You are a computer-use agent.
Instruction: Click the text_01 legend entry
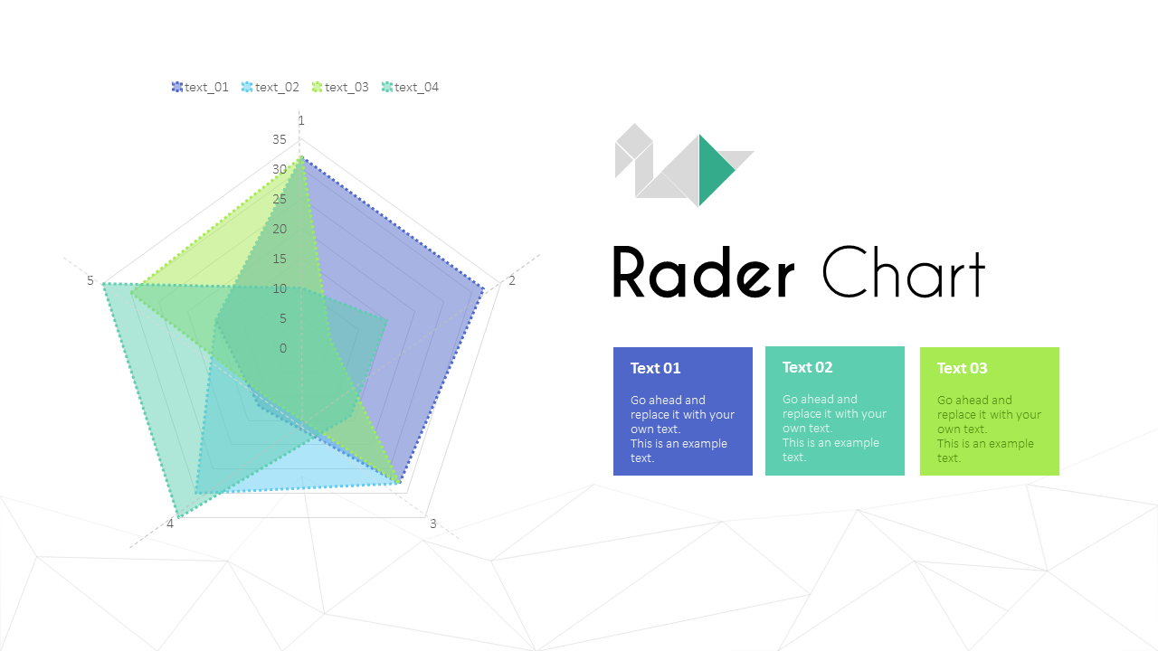click(200, 88)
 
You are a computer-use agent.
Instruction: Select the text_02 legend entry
click(271, 88)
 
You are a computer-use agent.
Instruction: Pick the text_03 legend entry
click(340, 88)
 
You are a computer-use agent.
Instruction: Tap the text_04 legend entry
click(410, 88)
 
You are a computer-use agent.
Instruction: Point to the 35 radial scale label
click(280, 139)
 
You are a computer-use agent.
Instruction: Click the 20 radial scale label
click(280, 229)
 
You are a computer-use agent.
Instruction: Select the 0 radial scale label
click(283, 348)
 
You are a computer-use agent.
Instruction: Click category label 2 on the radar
click(512, 280)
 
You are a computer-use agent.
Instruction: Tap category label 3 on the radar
click(433, 524)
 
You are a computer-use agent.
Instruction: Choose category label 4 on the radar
click(170, 524)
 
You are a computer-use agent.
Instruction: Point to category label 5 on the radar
click(90, 280)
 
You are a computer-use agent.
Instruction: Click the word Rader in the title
click(704, 272)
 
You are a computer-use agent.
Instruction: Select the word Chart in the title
click(904, 272)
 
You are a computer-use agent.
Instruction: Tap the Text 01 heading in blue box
click(656, 368)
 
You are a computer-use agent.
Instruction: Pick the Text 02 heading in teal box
click(808, 367)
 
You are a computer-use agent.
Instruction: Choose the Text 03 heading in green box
click(962, 368)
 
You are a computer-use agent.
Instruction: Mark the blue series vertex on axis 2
click(483, 290)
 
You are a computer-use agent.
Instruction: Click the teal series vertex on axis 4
click(178, 516)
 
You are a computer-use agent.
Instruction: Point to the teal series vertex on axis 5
click(104, 284)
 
